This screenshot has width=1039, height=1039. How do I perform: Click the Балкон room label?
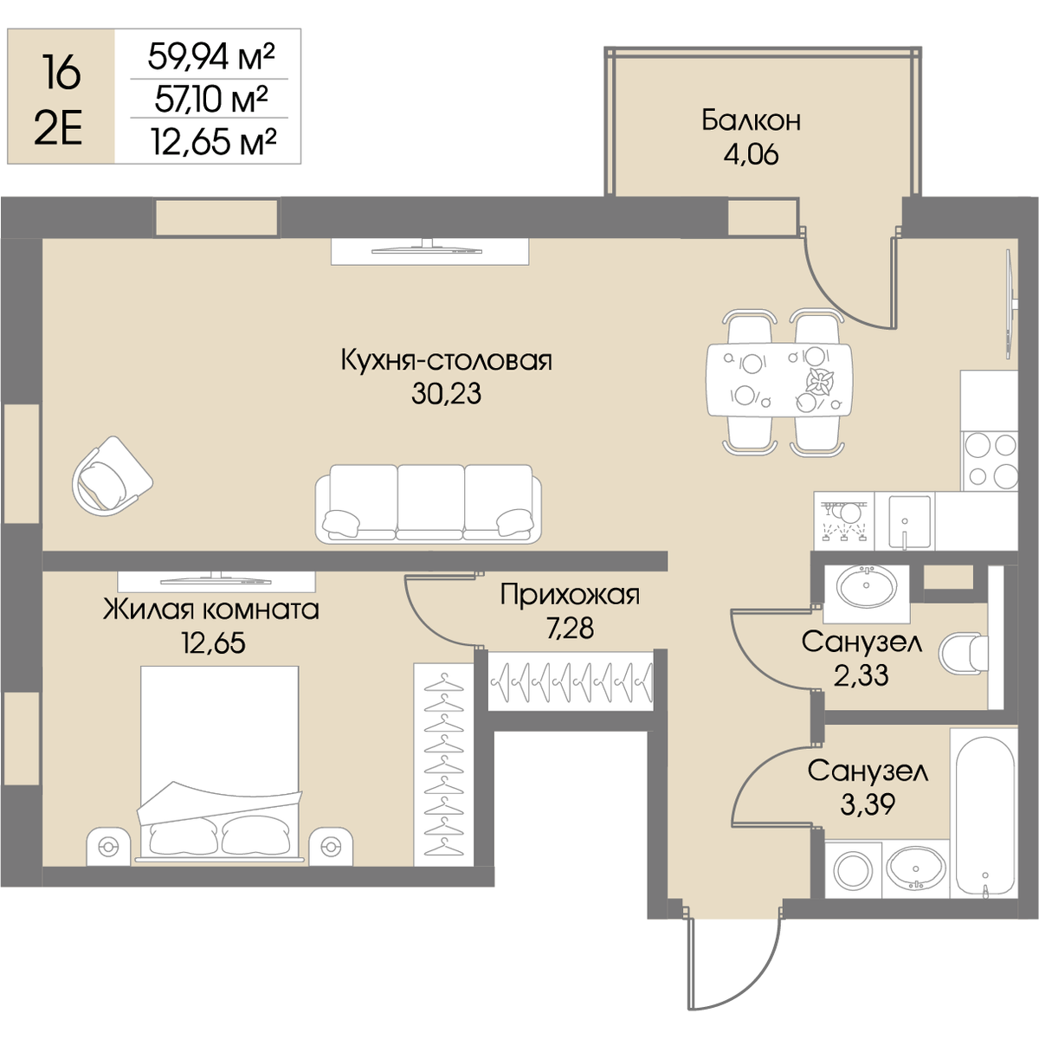(x=751, y=120)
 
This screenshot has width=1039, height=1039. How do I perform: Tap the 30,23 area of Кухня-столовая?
(x=446, y=394)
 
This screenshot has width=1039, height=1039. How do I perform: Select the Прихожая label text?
(x=570, y=595)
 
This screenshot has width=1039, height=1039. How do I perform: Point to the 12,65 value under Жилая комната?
(x=214, y=642)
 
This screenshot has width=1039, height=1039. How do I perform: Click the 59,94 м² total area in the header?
(x=211, y=56)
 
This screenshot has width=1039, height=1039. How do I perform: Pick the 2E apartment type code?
(x=59, y=132)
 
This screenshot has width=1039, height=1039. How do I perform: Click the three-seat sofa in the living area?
(x=428, y=504)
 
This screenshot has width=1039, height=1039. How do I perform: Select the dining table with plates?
(x=779, y=380)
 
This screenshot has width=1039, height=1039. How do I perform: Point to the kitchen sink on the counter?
(x=909, y=521)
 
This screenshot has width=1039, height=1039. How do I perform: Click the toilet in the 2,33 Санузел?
(x=964, y=654)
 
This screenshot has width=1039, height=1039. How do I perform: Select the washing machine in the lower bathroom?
(x=853, y=869)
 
